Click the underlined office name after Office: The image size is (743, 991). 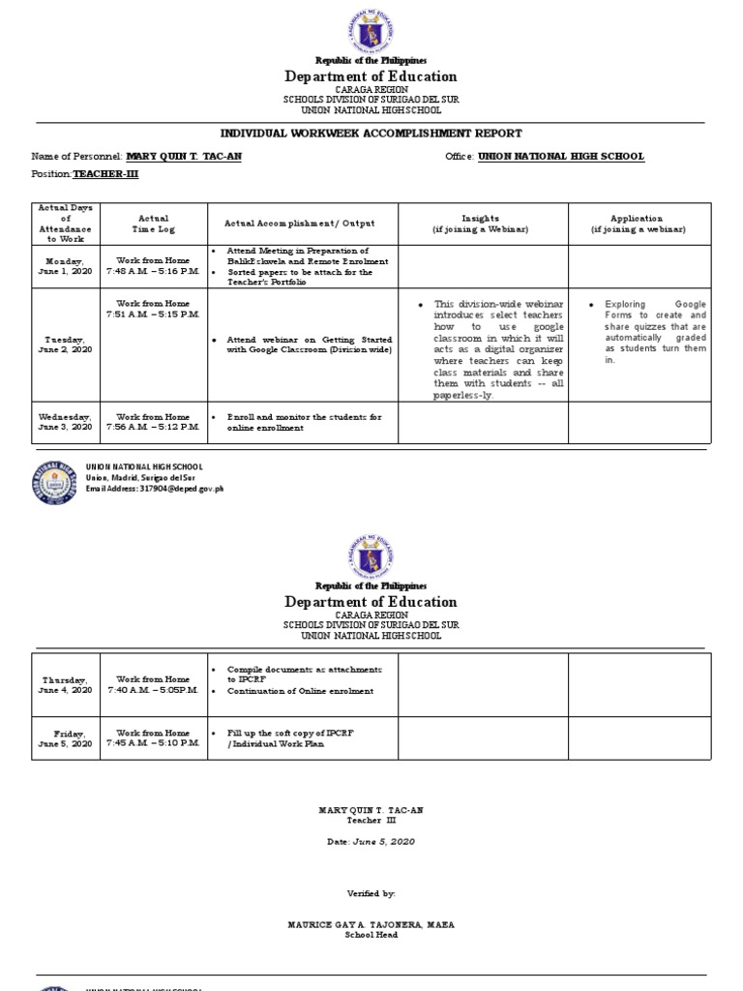pyautogui.click(x=559, y=156)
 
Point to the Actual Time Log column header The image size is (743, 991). pyautogui.click(x=153, y=224)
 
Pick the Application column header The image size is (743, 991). pyautogui.click(x=638, y=224)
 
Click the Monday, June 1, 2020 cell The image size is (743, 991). pyautogui.click(x=66, y=266)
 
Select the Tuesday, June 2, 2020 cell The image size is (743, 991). pyautogui.click(x=66, y=345)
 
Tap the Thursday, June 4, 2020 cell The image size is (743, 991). pyautogui.click(x=66, y=684)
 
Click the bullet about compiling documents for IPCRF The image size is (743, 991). pyautogui.click(x=304, y=675)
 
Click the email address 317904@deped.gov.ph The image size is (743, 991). pyautogui.click(x=155, y=489)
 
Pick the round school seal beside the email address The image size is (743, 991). pyautogui.click(x=57, y=477)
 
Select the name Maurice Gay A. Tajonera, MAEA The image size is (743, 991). pyautogui.click(x=371, y=924)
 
